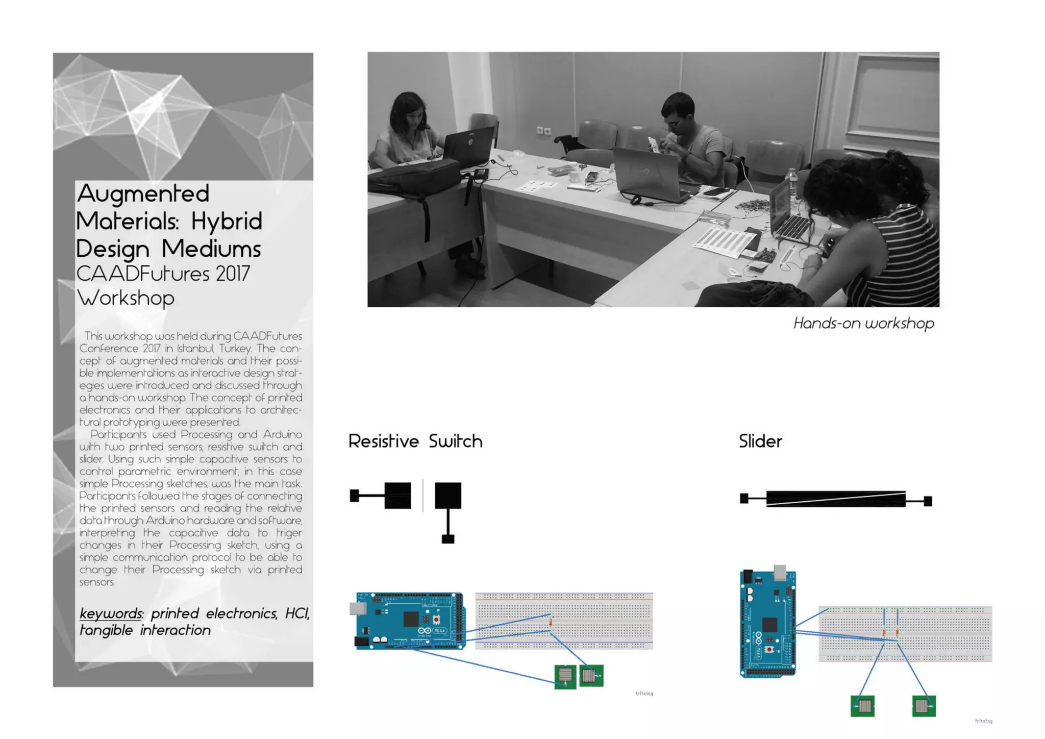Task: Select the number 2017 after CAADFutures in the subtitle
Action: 232,274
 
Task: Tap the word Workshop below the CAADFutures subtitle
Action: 126,298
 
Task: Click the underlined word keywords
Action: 111,613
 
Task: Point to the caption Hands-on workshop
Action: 863,323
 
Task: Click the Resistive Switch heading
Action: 415,441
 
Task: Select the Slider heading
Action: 760,441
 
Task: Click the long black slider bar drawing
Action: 835,499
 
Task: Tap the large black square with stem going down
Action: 447,496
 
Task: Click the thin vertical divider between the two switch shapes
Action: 422,495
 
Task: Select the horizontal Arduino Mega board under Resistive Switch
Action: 410,621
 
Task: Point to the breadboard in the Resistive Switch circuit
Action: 563,621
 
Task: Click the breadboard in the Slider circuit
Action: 905,634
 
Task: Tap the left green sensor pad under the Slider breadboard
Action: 862,706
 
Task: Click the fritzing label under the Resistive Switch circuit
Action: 644,693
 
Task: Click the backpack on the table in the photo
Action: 413,176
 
